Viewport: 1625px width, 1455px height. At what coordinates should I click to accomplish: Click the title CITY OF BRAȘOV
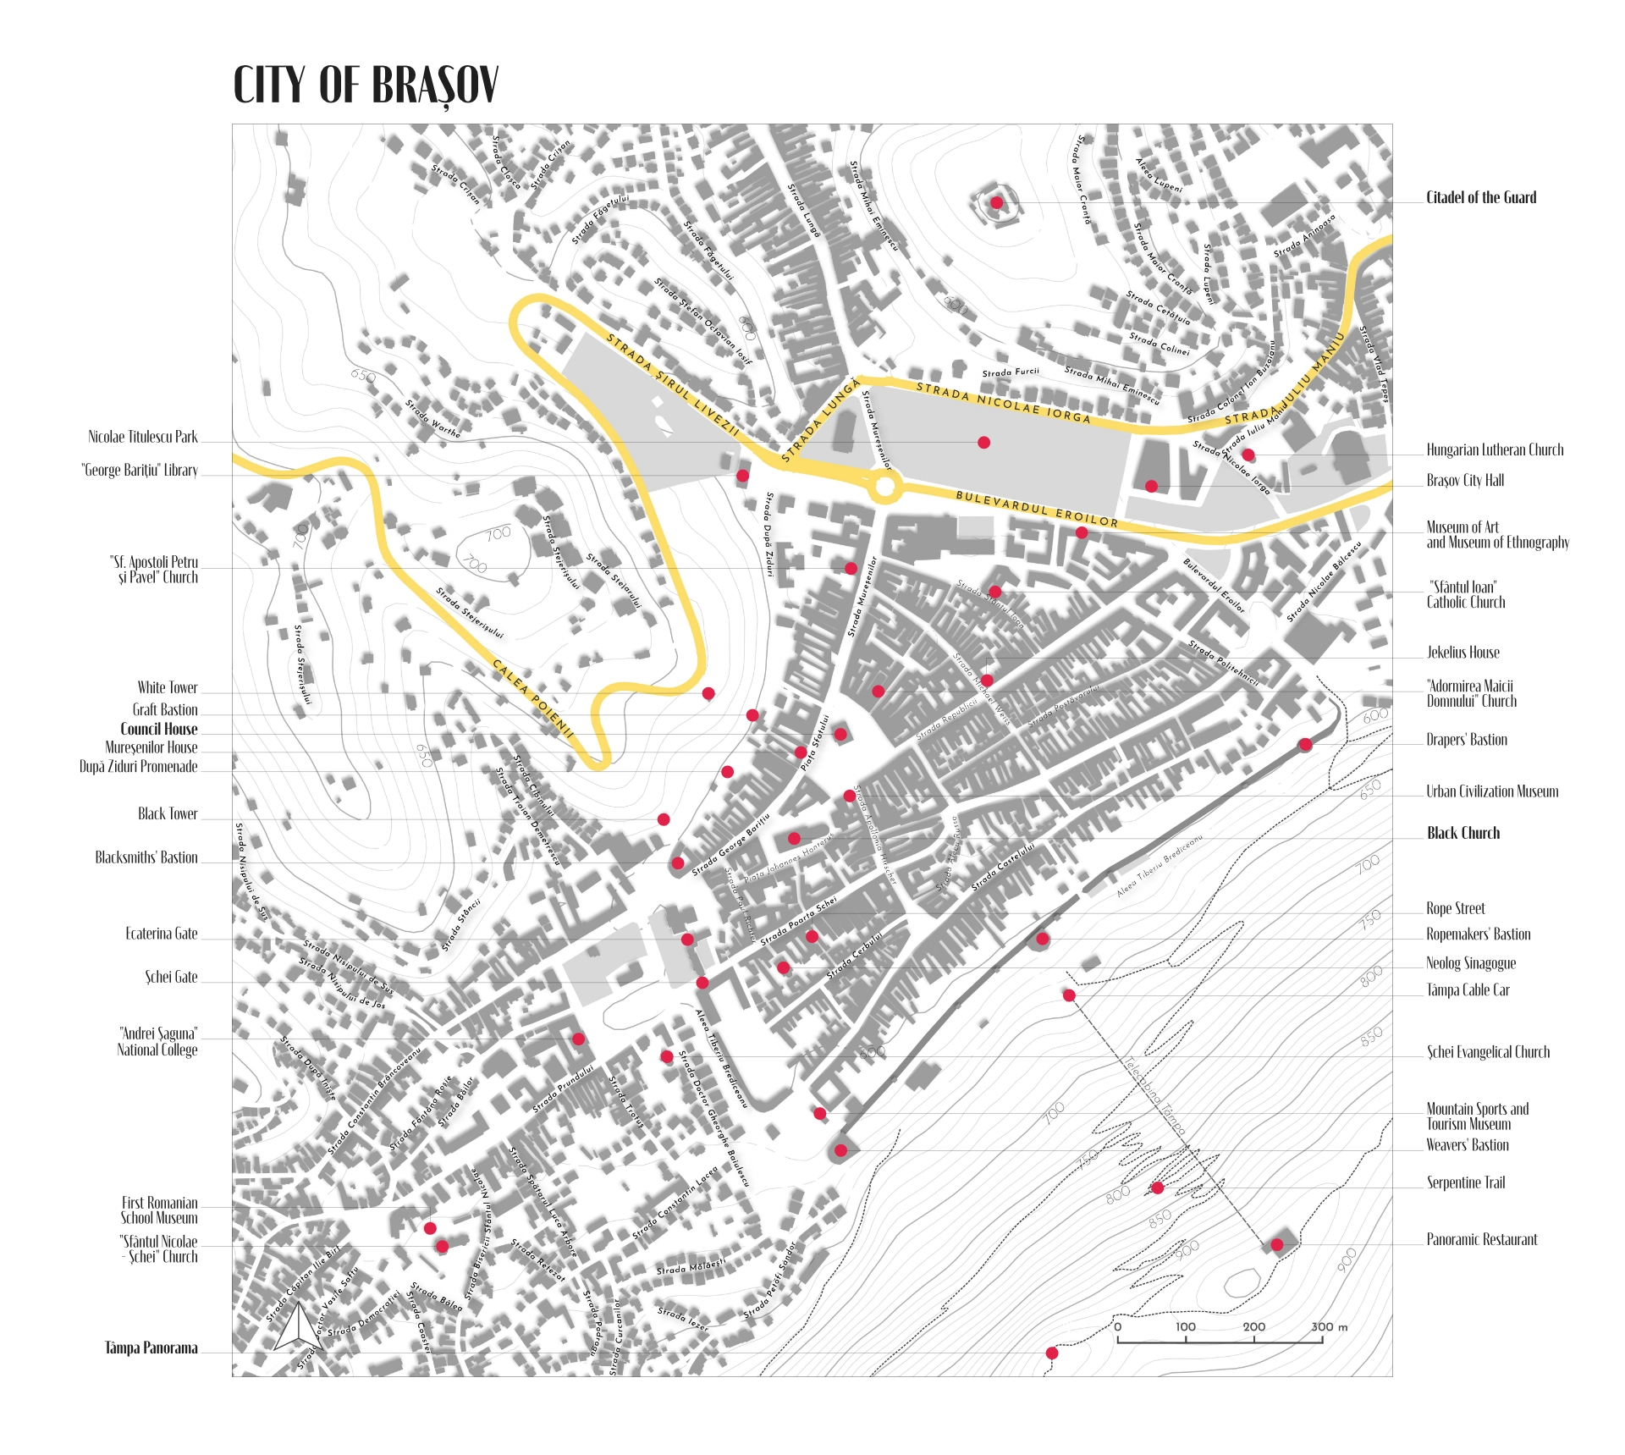366,85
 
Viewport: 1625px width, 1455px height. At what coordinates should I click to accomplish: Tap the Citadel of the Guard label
1480,198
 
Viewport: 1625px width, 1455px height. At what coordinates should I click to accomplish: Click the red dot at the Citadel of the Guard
997,202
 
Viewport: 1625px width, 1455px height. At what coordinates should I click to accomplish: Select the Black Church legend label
1462,833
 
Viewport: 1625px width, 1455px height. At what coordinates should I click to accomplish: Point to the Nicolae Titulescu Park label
142,438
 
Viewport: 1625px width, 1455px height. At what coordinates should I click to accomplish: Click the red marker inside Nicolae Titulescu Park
983,443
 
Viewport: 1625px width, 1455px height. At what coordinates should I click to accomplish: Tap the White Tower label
168,688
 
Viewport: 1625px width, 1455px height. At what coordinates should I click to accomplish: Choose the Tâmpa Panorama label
151,1348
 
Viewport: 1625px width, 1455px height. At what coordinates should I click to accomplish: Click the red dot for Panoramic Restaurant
1276,1244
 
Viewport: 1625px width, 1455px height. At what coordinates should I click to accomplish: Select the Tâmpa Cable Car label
1468,990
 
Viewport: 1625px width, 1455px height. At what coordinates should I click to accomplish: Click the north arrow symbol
297,1326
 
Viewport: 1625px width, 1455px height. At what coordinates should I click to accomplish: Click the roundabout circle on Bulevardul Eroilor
884,487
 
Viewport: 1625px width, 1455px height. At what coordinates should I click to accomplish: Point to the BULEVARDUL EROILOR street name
1036,510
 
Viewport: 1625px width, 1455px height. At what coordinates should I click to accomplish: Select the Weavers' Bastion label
1467,1145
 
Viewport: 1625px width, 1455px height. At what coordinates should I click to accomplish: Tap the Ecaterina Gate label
161,934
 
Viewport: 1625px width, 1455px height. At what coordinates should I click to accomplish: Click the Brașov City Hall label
1464,481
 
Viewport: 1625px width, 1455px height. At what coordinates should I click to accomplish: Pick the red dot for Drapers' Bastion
1305,745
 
